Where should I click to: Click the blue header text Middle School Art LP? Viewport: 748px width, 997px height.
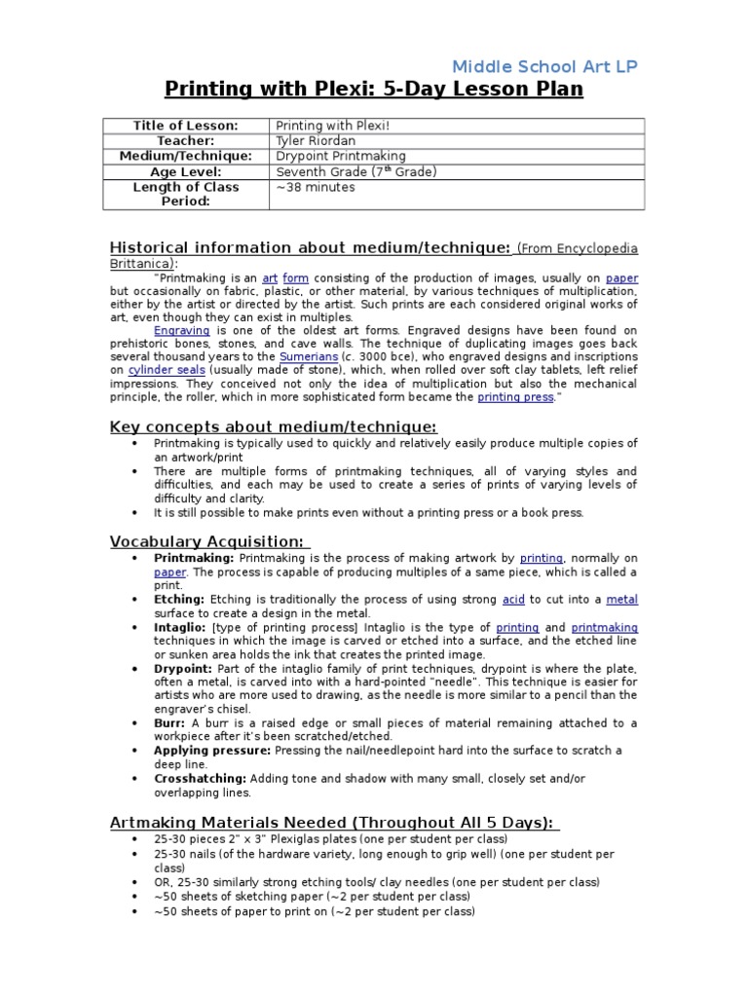(545, 66)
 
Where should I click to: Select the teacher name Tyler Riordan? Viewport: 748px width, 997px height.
(317, 140)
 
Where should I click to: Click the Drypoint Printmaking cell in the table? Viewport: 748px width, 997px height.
(340, 156)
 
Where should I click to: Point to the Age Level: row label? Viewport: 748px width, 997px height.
(185, 171)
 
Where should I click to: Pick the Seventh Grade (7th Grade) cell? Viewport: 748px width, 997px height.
(355, 171)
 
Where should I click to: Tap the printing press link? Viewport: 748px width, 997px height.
(515, 397)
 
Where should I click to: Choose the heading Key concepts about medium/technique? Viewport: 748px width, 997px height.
(273, 426)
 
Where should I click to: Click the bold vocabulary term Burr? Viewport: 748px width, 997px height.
(170, 722)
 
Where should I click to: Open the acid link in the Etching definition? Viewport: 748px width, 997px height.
(513, 600)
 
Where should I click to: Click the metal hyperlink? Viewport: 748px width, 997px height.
(622, 600)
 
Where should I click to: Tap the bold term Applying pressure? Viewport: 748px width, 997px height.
(211, 751)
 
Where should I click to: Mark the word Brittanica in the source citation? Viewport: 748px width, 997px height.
(140, 263)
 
